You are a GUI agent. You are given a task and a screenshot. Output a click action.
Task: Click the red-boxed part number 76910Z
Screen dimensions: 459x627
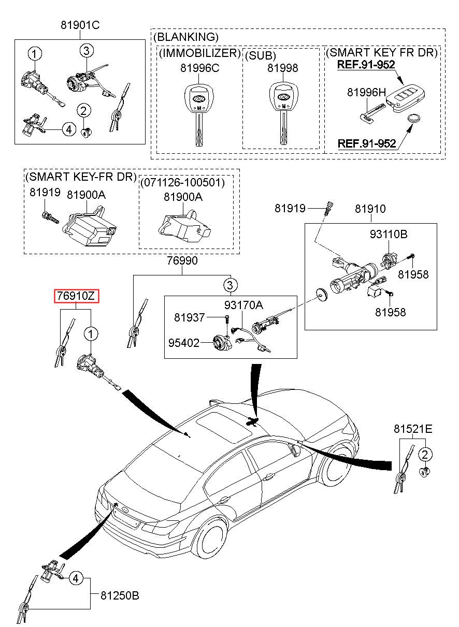(77, 296)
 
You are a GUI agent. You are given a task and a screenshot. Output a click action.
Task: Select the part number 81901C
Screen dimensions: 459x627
(80, 25)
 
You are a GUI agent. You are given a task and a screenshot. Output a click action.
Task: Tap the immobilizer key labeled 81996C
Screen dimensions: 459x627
(198, 114)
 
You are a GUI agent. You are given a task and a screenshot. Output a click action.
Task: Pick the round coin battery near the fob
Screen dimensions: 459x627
(415, 119)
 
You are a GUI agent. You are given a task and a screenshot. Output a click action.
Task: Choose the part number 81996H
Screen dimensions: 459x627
(366, 92)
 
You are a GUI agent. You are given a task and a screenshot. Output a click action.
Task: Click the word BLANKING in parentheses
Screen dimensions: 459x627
(186, 37)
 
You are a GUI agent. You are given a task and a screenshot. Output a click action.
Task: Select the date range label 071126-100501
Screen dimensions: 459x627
(182, 182)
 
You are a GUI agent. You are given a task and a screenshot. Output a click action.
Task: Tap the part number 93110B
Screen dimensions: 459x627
(389, 234)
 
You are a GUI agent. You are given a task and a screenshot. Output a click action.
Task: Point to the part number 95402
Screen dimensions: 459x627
(184, 343)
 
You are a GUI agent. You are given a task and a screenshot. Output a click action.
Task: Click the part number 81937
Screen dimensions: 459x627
(189, 317)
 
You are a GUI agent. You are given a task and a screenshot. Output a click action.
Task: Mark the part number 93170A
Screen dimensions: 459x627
(243, 305)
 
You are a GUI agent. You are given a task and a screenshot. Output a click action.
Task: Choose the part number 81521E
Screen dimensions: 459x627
(413, 429)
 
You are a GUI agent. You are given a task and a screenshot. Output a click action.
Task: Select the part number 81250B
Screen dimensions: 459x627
(120, 595)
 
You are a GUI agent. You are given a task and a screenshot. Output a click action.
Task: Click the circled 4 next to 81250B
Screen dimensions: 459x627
(76, 578)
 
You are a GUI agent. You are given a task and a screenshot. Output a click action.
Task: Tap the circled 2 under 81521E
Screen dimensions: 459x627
(425, 454)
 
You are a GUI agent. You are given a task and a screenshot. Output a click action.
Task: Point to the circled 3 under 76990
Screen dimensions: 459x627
(230, 285)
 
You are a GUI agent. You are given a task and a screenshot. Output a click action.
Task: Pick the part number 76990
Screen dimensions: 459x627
(182, 260)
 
